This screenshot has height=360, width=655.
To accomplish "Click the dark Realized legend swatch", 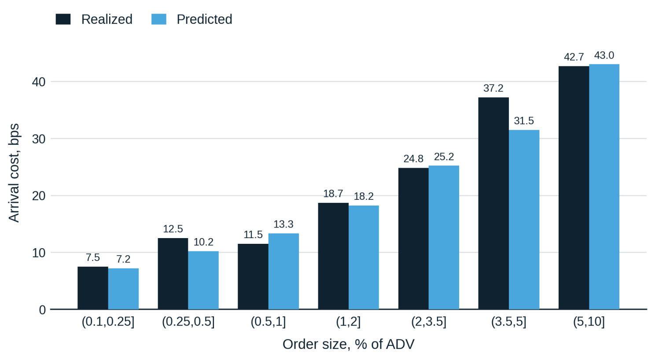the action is click(x=63, y=19).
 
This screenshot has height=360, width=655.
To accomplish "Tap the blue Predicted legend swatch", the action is click(x=159, y=19).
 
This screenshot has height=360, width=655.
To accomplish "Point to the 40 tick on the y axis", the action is click(x=39, y=82).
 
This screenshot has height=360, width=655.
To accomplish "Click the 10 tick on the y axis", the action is click(x=39, y=253).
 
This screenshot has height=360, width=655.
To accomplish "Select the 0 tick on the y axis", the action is click(x=42, y=310).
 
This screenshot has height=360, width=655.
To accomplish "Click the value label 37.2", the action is click(x=493, y=88).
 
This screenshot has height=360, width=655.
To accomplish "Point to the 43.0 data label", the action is click(x=604, y=55).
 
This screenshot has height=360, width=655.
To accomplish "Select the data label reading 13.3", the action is click(x=283, y=224).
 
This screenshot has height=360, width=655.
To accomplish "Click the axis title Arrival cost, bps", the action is click(x=14, y=173).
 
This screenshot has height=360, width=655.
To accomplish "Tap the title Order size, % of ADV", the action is click(x=348, y=344).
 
